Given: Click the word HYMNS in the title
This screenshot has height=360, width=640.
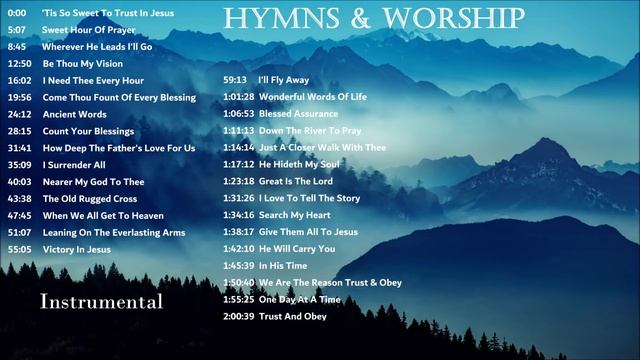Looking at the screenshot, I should coord(268,18).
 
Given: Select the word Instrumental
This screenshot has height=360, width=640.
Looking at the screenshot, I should coord(102,301).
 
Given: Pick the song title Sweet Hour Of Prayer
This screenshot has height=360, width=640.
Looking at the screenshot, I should coord(91,29).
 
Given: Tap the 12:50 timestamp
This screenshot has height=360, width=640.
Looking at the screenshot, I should coord(20,63).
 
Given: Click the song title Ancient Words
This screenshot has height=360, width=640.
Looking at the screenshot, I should coord(74,114).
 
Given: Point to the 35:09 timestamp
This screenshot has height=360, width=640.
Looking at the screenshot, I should coord(20,165).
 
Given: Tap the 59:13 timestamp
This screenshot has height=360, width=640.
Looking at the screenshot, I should coord(235,79).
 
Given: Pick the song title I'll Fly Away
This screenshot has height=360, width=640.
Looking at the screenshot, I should coord(283,79).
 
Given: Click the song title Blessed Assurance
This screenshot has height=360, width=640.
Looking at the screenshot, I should coord(298,113).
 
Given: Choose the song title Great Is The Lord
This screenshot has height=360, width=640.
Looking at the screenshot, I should coord(296,181).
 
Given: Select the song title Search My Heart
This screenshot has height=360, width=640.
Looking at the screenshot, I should coord(294,215).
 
